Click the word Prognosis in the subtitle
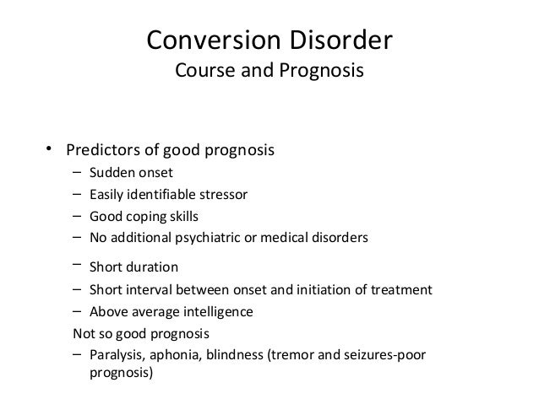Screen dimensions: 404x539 pyautogui.click(x=317, y=72)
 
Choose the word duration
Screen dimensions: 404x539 pyautogui.click(x=151, y=268)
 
